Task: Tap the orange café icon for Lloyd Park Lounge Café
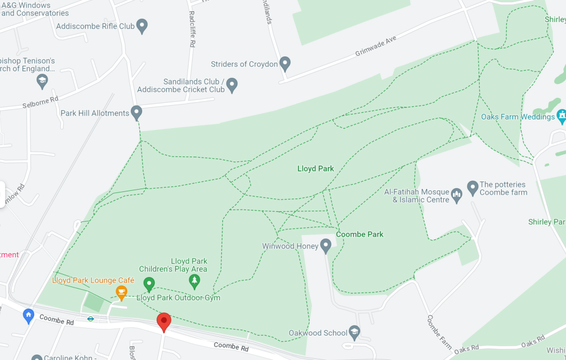121,291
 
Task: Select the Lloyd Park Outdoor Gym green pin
149,285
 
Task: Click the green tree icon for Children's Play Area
194,281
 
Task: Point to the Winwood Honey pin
326,245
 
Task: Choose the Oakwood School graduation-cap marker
355,332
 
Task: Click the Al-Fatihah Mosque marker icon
456,195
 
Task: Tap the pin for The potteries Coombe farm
472,187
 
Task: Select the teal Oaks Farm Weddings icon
562,116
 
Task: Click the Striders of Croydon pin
285,64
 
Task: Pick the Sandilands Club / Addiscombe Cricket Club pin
232,85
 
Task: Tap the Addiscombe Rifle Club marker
142,25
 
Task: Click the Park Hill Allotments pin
136,112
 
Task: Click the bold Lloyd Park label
315,169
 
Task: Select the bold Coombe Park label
360,234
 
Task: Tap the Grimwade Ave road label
376,55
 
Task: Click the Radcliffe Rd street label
192,29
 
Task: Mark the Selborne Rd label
40,102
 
